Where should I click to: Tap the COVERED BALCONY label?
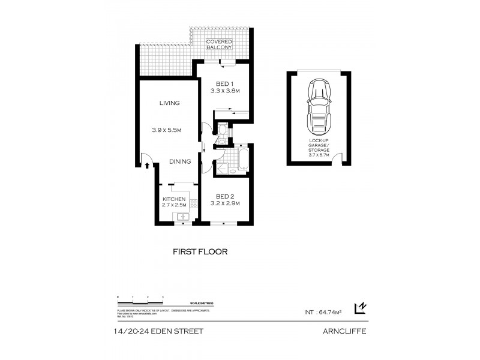(219, 44)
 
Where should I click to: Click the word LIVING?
(170, 103)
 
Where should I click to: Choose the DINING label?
(179, 161)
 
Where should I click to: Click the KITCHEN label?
(175, 199)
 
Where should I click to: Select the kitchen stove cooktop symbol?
(194, 203)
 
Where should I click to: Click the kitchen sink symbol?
(180, 217)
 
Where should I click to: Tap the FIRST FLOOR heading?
(200, 252)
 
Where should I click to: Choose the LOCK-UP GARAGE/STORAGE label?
(317, 144)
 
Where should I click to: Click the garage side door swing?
(338, 158)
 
